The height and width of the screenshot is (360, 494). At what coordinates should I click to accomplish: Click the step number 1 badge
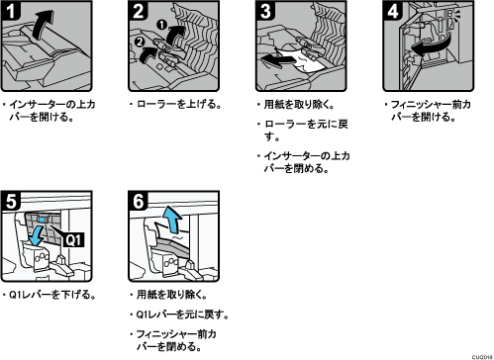tap(11, 11)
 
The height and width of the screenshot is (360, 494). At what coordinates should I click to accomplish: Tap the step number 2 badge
tap(138, 11)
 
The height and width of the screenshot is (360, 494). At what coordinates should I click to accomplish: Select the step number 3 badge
tap(265, 11)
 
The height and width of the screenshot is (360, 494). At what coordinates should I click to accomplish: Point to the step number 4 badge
tap(393, 11)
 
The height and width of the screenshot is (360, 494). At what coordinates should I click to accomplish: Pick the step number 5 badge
tap(11, 201)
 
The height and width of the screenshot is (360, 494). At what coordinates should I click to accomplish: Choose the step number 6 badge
tap(138, 201)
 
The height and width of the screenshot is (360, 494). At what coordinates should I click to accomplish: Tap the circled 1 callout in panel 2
tap(162, 25)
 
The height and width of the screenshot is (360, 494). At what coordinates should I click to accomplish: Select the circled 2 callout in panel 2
tap(140, 42)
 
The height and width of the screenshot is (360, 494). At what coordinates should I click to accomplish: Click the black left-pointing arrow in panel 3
tap(277, 60)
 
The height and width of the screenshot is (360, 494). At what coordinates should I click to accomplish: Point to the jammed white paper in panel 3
tap(302, 61)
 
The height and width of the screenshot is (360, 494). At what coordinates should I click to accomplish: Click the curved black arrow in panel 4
tap(431, 46)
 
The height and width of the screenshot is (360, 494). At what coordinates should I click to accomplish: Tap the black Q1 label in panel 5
tap(73, 239)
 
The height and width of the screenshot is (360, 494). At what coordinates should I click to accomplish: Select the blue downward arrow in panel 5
tap(37, 234)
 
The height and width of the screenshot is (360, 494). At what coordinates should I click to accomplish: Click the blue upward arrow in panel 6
tap(173, 220)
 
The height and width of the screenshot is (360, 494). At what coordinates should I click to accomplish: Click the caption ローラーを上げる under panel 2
tap(176, 105)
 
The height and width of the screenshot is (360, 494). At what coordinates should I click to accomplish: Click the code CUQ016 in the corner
tap(482, 357)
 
